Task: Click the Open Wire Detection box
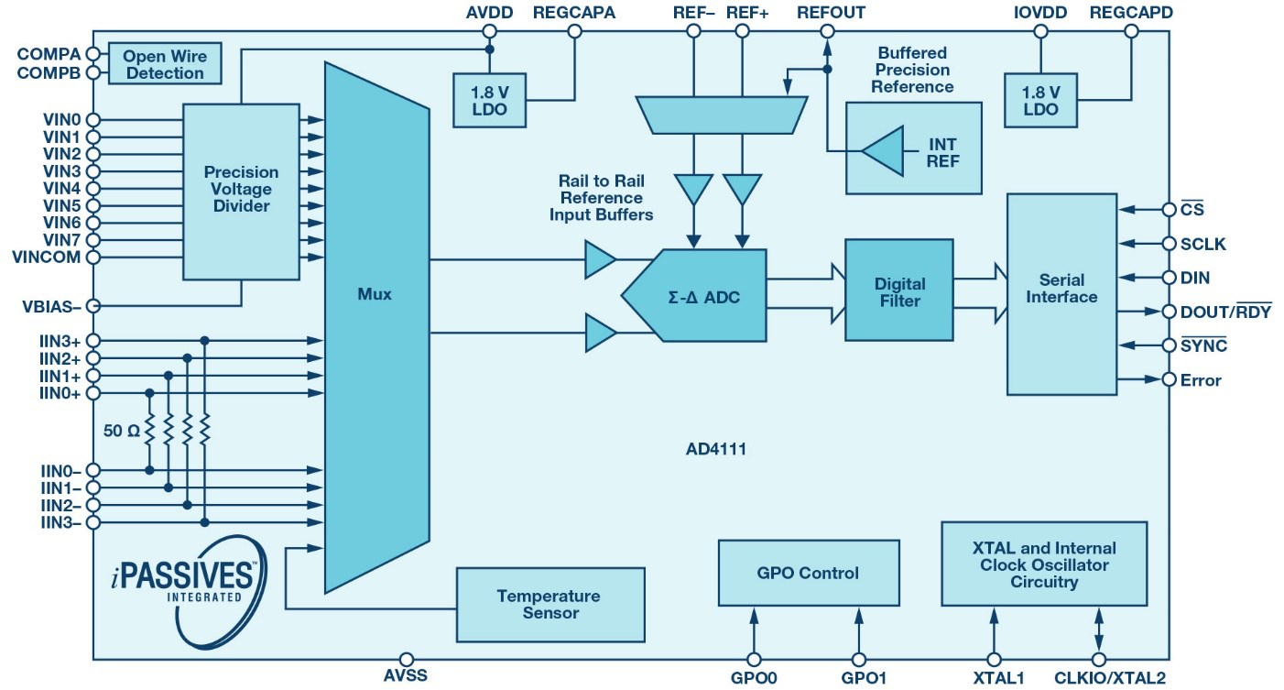click(x=165, y=63)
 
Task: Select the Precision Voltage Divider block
click(x=241, y=192)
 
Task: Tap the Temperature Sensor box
click(x=550, y=605)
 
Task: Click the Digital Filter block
click(x=898, y=290)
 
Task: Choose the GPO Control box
click(x=809, y=573)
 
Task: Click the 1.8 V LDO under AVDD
click(x=489, y=101)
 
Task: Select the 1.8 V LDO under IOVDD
click(x=1040, y=101)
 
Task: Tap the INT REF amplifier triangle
click(x=883, y=151)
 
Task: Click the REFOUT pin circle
click(x=827, y=31)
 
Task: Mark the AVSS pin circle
click(x=406, y=659)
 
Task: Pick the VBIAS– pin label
click(x=51, y=307)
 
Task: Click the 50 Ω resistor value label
click(x=122, y=431)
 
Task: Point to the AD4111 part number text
click(x=716, y=448)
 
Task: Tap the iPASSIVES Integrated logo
click(x=190, y=591)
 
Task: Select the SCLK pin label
click(x=1202, y=245)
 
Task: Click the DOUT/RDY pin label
click(x=1225, y=312)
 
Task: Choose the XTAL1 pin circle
click(x=994, y=659)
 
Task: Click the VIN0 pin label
click(x=62, y=120)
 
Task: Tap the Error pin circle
click(x=1169, y=379)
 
